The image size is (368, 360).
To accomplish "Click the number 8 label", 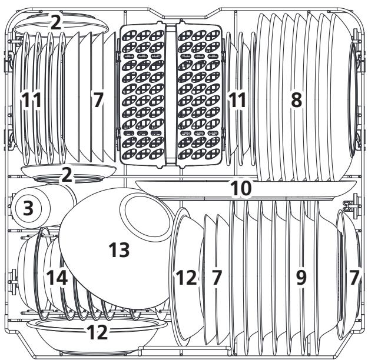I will tap(296, 101).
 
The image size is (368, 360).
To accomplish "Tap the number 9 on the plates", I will tap(301, 278).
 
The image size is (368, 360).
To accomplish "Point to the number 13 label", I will tap(119, 249).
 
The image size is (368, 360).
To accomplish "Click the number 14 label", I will tap(57, 278).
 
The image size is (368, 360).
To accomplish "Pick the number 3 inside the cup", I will tap(28, 208).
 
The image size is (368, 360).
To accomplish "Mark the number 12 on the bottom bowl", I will tap(98, 332).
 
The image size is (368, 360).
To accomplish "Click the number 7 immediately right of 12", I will tap(216, 278).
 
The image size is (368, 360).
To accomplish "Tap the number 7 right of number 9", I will tap(353, 278).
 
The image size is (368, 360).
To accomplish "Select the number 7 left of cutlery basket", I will tap(98, 101).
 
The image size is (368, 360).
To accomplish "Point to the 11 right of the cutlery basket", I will tap(237, 101).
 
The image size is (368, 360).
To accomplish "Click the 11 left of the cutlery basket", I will tap(32, 101).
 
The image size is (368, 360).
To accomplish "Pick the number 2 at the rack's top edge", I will tap(55, 23).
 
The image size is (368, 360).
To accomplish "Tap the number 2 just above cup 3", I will tap(67, 174).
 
